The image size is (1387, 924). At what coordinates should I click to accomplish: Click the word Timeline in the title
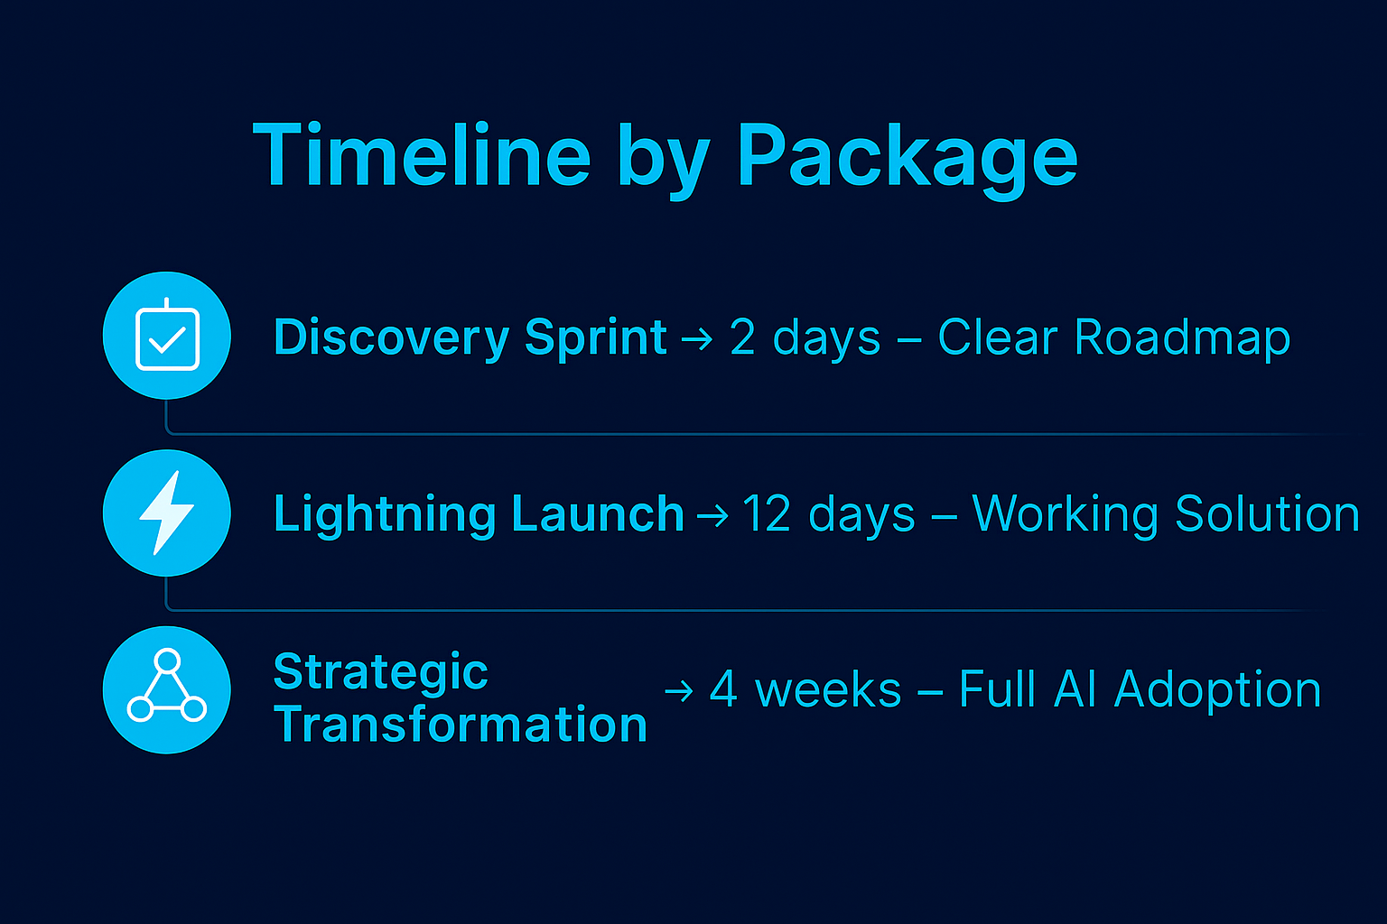pyautogui.click(x=422, y=155)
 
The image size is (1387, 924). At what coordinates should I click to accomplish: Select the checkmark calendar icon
pyautogui.click(x=167, y=336)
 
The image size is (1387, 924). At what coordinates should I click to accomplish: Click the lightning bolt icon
pyautogui.click(x=167, y=513)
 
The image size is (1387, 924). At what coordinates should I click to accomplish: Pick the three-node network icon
pyautogui.click(x=167, y=689)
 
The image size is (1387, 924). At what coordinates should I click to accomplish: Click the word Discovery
pyautogui.click(x=391, y=338)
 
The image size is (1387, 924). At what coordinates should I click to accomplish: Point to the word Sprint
pyautogui.click(x=595, y=338)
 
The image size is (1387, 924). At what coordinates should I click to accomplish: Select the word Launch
pyautogui.click(x=597, y=514)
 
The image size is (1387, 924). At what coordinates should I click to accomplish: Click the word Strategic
pyautogui.click(x=380, y=672)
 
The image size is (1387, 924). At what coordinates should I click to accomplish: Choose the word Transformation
pyautogui.click(x=461, y=725)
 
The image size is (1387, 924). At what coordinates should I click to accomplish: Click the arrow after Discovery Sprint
pyautogui.click(x=696, y=340)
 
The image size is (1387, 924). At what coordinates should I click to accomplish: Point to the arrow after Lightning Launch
pyautogui.click(x=712, y=516)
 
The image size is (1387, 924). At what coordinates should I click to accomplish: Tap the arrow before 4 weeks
pyautogui.click(x=678, y=692)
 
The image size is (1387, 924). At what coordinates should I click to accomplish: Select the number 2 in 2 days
pyautogui.click(x=742, y=338)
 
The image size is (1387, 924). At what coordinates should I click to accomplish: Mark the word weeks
pyautogui.click(x=828, y=690)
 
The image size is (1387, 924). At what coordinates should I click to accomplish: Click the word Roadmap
pyautogui.click(x=1182, y=338)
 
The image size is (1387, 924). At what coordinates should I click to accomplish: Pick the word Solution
pyautogui.click(x=1267, y=514)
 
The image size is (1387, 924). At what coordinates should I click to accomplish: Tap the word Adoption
pyautogui.click(x=1217, y=690)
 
